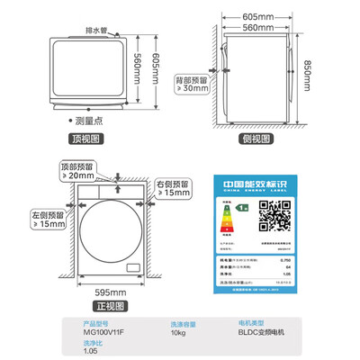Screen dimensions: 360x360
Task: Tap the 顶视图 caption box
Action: (x=89, y=139)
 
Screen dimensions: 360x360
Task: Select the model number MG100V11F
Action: (x=102, y=332)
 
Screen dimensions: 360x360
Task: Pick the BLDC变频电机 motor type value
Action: (x=264, y=332)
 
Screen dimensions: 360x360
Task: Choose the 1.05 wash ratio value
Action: (x=90, y=353)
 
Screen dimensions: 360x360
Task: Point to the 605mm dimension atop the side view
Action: (x=257, y=17)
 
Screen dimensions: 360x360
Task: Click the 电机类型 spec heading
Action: (x=254, y=323)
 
